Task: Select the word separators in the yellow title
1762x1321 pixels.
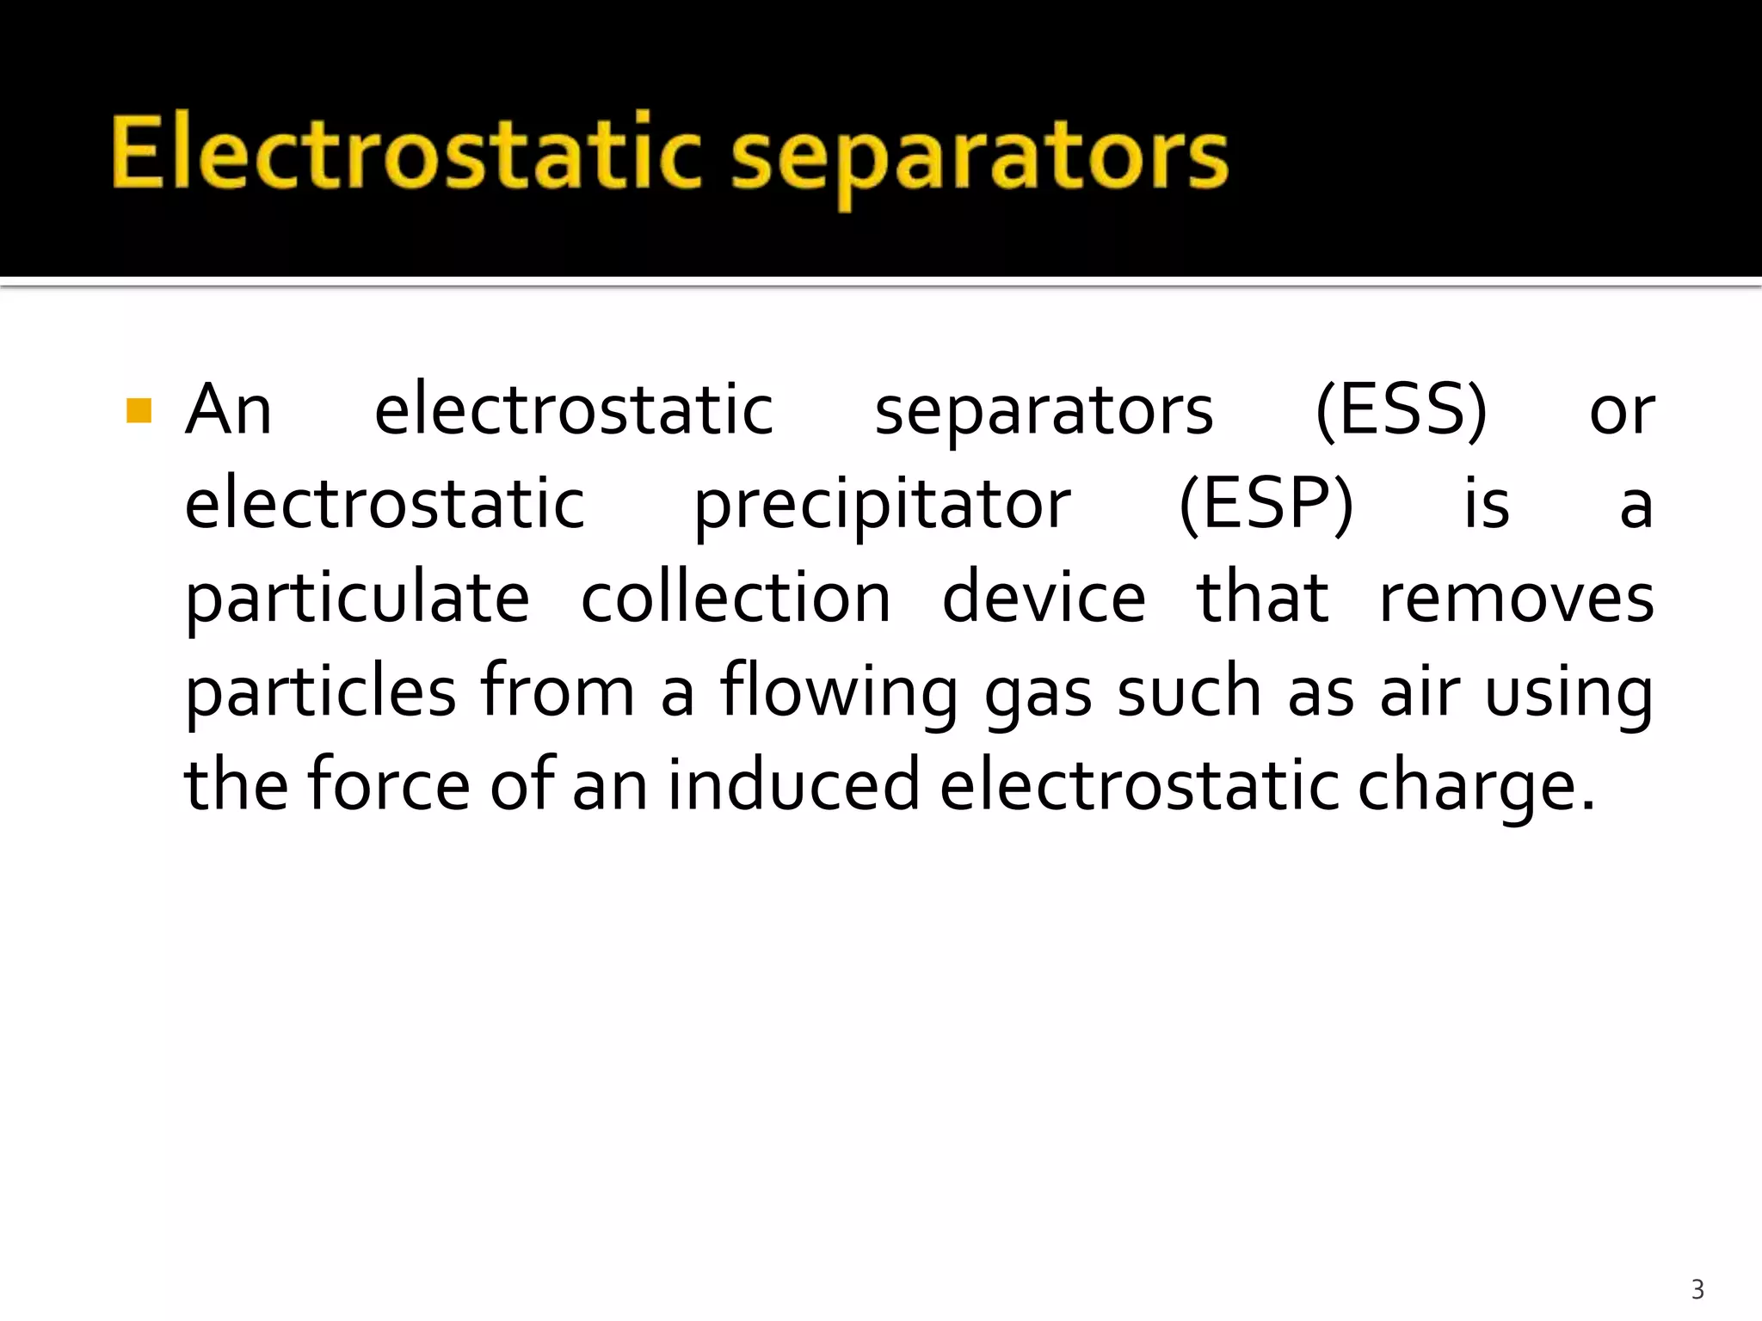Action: [x=980, y=157]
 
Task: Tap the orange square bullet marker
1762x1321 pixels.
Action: [x=139, y=410]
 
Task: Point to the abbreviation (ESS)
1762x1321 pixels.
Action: [x=1402, y=410]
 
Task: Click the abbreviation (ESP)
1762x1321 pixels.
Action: [x=1266, y=504]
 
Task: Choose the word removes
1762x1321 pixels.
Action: [x=1517, y=599]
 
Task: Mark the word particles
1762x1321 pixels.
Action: [x=320, y=692]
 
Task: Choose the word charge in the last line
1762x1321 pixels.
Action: [x=1466, y=788]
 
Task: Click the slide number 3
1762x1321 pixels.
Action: [x=1697, y=1289]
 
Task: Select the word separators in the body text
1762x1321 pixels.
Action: [x=1044, y=412]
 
